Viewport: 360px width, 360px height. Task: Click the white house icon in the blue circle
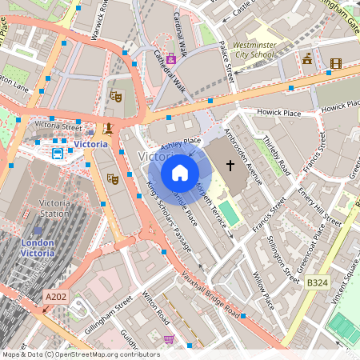click(x=180, y=172)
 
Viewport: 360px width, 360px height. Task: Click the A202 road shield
click(x=55, y=297)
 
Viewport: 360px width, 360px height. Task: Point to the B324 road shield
click(x=318, y=282)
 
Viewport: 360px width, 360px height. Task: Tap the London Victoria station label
click(x=38, y=247)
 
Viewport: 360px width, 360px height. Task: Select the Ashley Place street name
click(x=181, y=144)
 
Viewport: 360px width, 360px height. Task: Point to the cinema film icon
click(x=335, y=63)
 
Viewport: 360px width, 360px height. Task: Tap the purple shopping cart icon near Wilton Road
click(x=169, y=340)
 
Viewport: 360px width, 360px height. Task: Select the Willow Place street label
click(x=263, y=291)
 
